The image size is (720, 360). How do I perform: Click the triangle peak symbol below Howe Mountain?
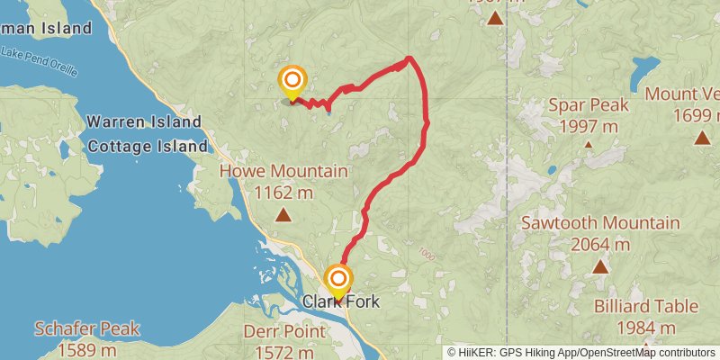pos(283,214)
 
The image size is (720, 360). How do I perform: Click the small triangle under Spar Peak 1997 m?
pos(589,143)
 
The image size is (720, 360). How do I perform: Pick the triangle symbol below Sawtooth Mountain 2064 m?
pos(600,265)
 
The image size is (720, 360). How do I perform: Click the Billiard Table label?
pos(646,307)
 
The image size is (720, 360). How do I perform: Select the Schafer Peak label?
pos(87,329)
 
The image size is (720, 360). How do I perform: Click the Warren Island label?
pos(144,121)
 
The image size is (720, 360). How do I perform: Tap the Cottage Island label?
pos(147,142)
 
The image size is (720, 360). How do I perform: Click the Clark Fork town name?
pos(341,302)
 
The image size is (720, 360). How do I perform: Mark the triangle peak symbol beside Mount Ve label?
pos(702,138)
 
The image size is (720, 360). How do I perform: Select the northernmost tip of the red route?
pos(409,58)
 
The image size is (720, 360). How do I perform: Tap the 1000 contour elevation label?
pos(426,256)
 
